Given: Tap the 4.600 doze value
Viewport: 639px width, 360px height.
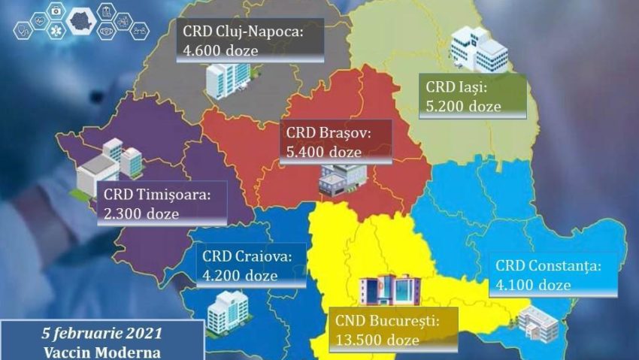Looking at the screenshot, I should tap(220, 50).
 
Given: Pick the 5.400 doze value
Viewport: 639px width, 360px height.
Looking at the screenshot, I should tap(324, 152).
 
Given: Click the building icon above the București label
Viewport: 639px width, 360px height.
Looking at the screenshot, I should tap(389, 288).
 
